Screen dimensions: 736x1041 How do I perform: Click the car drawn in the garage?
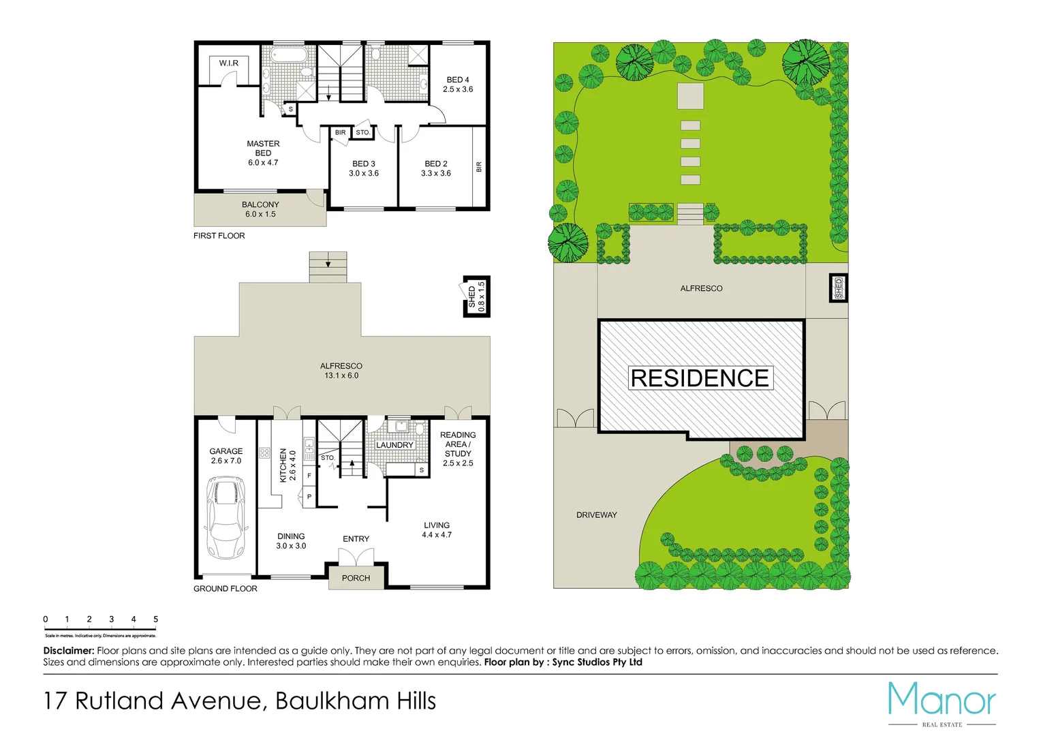tap(226, 517)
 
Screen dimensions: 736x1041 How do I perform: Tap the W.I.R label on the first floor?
tap(229, 63)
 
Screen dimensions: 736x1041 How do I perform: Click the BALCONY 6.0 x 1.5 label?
tap(260, 209)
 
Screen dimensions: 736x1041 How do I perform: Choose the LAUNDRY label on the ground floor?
tap(394, 445)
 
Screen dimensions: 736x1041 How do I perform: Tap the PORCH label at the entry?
tap(356, 578)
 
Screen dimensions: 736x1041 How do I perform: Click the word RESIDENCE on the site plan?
tap(700, 378)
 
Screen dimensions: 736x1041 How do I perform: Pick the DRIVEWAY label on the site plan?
tap(596, 515)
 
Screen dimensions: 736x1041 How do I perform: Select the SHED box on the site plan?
tap(839, 288)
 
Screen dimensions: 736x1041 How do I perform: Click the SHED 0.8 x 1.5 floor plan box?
tap(476, 297)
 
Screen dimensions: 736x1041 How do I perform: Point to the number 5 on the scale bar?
tap(155, 619)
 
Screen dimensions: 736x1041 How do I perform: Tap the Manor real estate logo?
tap(942, 702)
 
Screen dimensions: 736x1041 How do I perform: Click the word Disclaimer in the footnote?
tap(68, 651)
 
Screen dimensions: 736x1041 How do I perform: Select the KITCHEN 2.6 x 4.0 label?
tap(288, 465)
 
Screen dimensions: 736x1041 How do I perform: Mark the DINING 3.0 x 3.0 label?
tap(291, 541)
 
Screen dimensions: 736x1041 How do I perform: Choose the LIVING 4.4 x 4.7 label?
tap(437, 530)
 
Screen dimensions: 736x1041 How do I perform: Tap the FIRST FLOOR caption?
tap(219, 236)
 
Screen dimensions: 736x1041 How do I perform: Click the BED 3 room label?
tap(364, 168)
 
